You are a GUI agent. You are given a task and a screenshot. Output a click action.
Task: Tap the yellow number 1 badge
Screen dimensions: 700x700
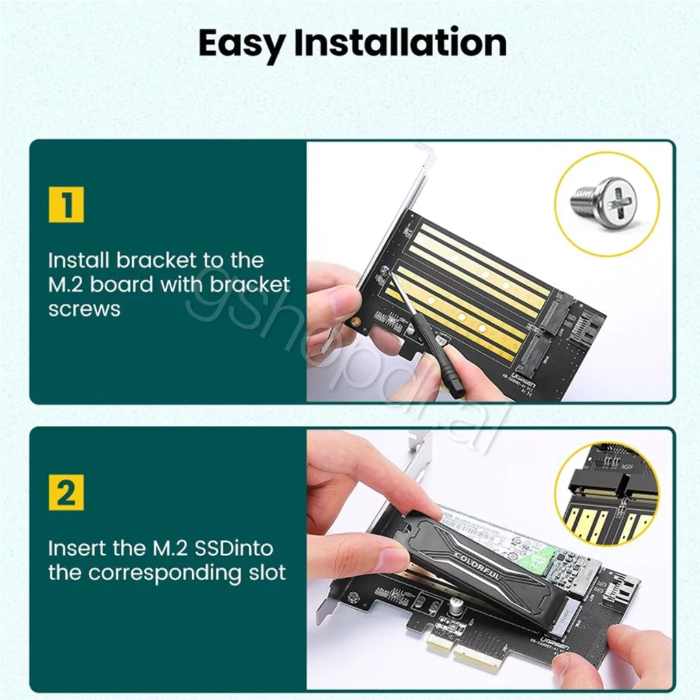66,205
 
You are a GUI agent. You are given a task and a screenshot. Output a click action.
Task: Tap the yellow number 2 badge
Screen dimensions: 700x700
66,493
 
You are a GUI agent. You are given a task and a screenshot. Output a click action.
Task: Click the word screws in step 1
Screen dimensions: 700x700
84,309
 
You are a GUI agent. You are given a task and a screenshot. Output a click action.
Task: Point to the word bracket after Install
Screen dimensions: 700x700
156,261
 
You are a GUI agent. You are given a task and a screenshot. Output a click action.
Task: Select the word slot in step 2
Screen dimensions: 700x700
264,573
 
